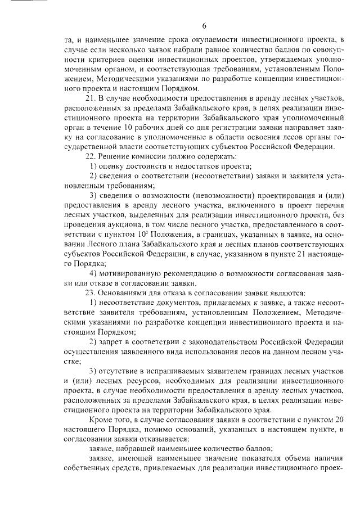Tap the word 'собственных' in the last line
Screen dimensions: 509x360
pos(89,469)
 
